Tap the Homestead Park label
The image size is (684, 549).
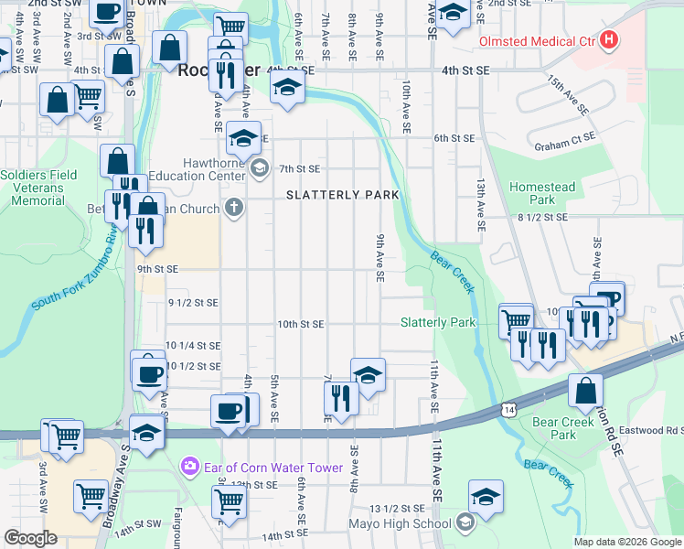544,193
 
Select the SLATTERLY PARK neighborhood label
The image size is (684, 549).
342,195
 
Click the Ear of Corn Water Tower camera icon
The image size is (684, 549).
189,467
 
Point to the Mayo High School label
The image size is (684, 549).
400,524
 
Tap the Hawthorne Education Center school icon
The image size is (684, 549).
260,167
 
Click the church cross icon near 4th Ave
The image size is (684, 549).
234,207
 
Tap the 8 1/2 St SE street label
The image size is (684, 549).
542,218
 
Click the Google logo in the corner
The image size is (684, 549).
30,538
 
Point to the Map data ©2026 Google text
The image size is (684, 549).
627,542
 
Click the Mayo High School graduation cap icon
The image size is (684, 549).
465,523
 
